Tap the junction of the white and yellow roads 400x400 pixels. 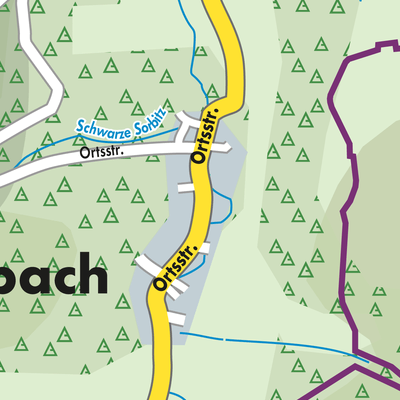click(x=196, y=148)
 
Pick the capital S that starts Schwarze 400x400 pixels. click(x=78, y=130)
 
